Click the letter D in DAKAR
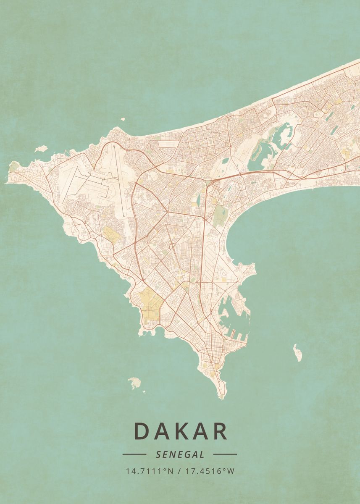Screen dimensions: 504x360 click(x=142, y=431)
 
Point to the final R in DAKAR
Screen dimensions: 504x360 click(x=220, y=431)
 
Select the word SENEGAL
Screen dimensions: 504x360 click(x=180, y=454)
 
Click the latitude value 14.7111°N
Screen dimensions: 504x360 click(x=149, y=471)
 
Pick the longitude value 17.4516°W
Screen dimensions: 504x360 click(x=210, y=471)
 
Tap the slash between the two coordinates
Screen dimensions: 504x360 click(x=179, y=471)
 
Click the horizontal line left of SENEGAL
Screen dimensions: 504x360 click(x=134, y=454)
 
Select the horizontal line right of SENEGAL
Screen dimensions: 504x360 click(x=225, y=454)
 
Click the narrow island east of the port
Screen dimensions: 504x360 click(x=297, y=352)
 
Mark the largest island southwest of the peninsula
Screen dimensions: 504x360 click(x=134, y=383)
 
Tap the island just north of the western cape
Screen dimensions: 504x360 click(x=41, y=149)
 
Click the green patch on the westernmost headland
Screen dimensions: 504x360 click(x=14, y=165)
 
